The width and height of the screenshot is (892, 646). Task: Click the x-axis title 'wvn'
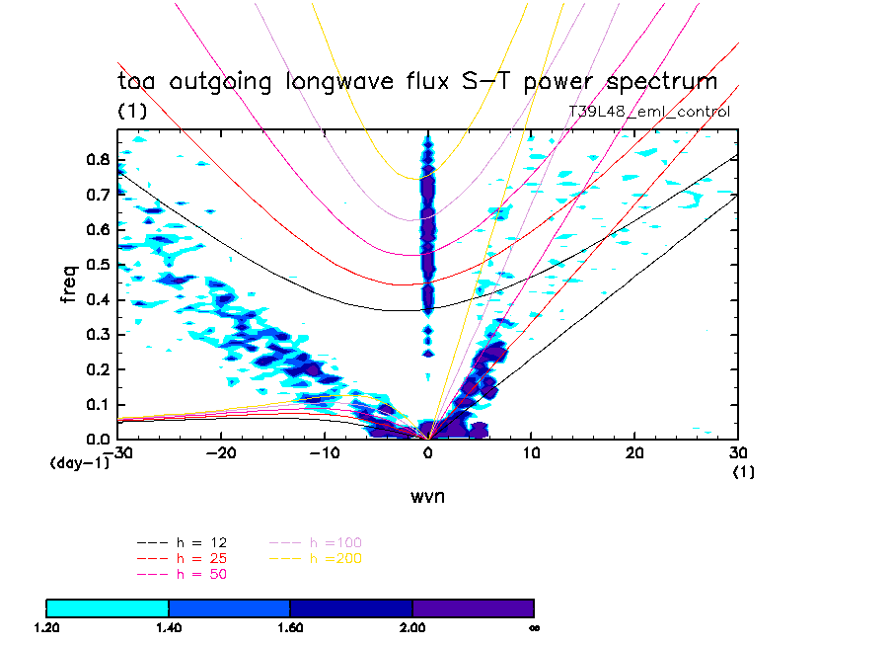coord(427,497)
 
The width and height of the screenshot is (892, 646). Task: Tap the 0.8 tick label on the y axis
coord(97,160)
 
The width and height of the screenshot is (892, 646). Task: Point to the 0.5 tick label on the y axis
coord(97,265)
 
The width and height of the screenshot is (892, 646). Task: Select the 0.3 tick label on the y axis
coord(97,335)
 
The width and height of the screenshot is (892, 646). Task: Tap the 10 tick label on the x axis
coord(532,452)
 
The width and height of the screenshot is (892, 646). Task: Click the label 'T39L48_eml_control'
coord(649,112)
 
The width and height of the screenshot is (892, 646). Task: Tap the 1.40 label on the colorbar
coord(169,627)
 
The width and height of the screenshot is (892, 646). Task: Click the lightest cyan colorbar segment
coord(108,607)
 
